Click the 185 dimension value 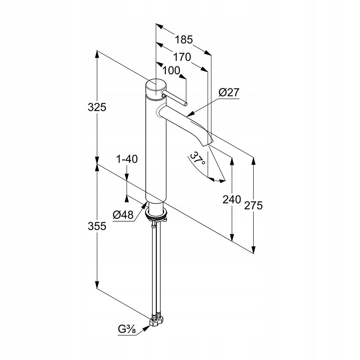coord(184,39)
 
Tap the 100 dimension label coord(171,70)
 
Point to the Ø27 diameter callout coord(229,93)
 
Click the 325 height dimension coord(97,107)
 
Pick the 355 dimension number coord(97,226)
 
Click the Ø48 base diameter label coord(123,215)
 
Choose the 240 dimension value coord(232,199)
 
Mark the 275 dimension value coord(253,206)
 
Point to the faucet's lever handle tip coord(186,104)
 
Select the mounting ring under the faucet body coord(156,214)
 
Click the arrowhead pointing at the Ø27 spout coord(189,114)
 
